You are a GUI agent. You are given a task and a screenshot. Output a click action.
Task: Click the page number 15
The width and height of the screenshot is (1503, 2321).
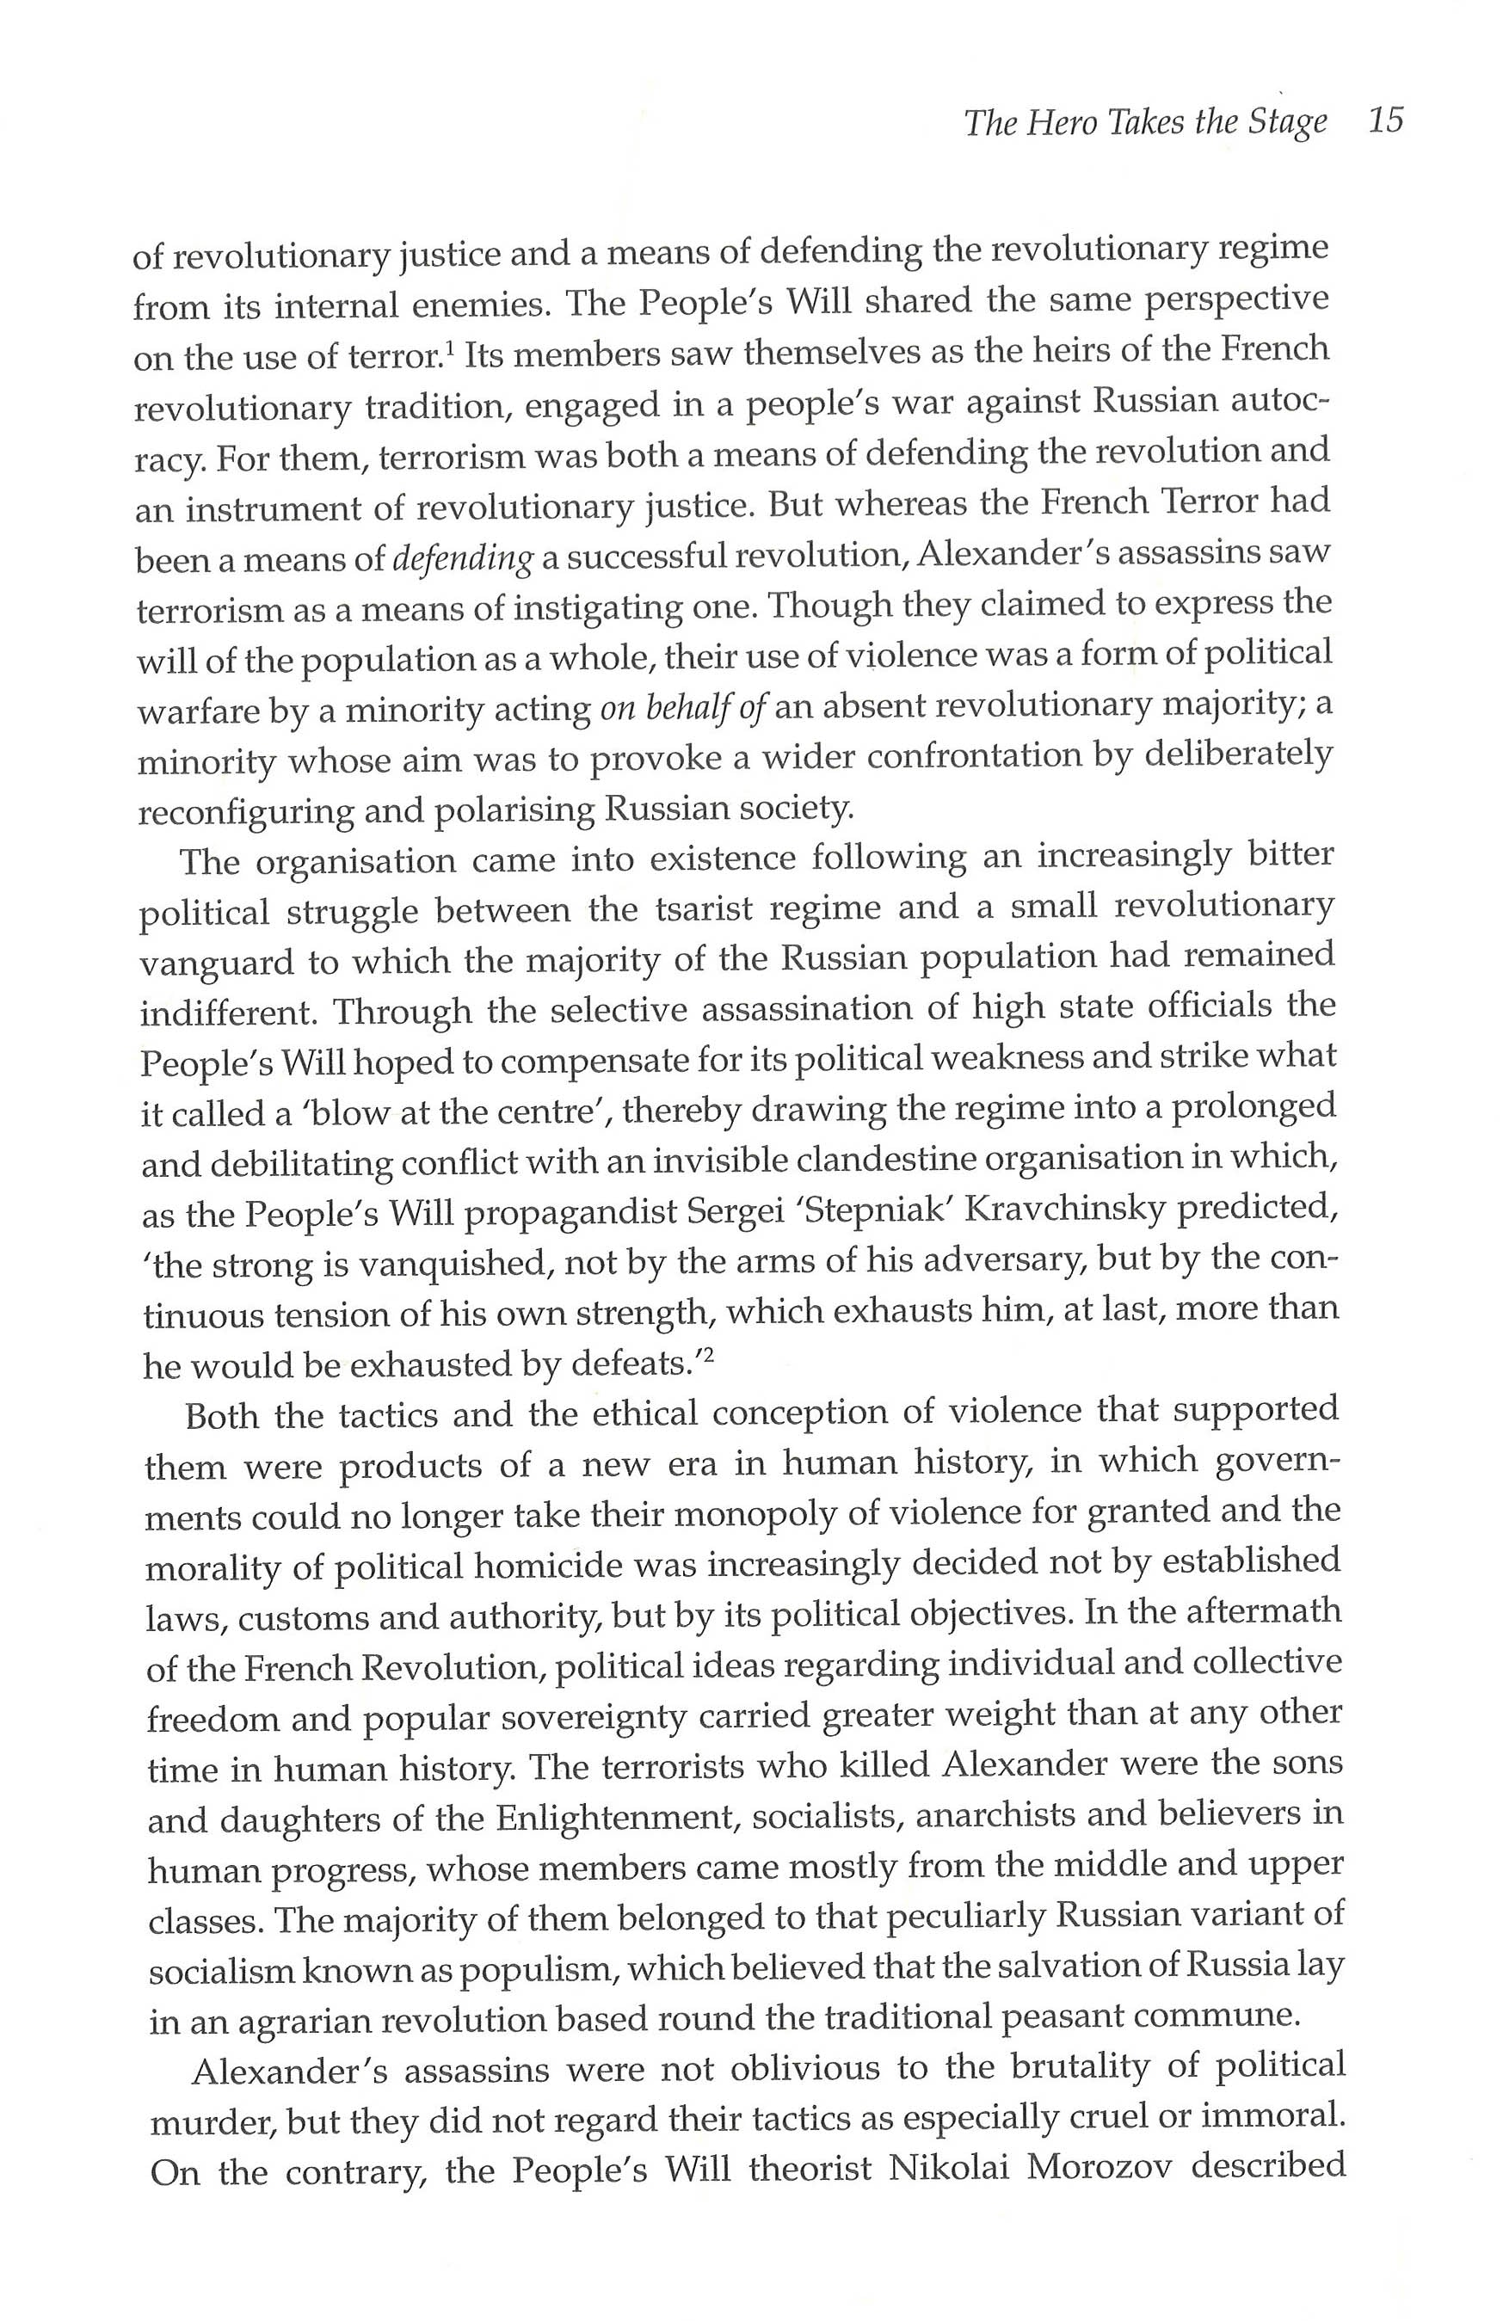pos(1385,121)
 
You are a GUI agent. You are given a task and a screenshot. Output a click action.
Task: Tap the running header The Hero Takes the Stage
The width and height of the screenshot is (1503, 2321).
pos(1145,123)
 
